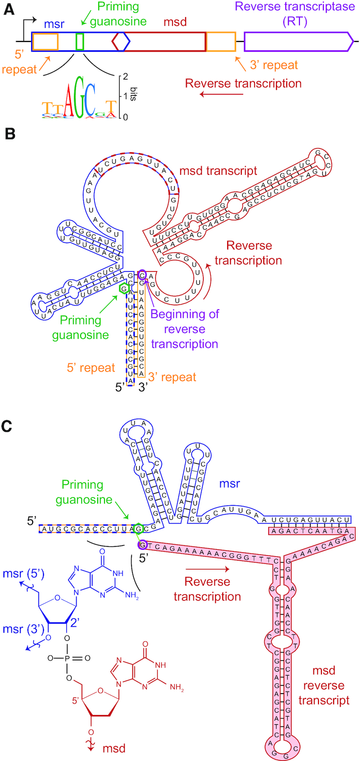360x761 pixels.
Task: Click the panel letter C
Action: click(x=8, y=425)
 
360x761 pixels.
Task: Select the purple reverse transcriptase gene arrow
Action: click(x=298, y=42)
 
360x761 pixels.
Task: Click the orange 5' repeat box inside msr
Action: click(x=45, y=42)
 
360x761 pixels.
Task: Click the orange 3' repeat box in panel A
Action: click(x=221, y=42)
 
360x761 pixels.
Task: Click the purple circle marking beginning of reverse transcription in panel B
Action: click(x=142, y=275)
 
